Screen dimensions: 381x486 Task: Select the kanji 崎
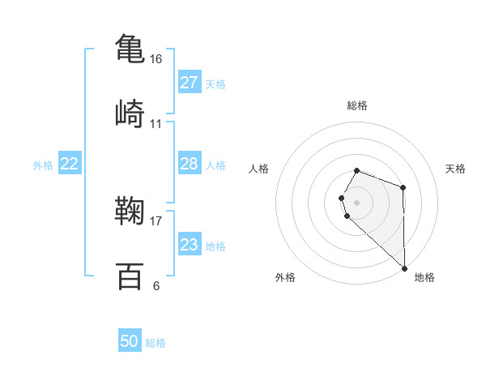point(130,113)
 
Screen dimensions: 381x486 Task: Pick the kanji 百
point(130,276)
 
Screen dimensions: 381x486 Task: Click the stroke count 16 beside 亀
point(156,60)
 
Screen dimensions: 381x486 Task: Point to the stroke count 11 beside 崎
point(156,124)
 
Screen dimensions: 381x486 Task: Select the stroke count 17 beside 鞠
point(156,219)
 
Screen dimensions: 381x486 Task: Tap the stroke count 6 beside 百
point(156,285)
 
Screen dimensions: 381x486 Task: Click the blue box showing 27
point(189,83)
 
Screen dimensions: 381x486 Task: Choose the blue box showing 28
point(189,164)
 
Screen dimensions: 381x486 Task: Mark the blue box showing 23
point(189,245)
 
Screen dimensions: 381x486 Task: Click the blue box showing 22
point(70,164)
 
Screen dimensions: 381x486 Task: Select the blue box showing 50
point(130,341)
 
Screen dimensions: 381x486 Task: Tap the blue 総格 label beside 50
point(156,343)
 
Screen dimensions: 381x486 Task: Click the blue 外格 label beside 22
point(43,165)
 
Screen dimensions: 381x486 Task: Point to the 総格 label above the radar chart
point(357,105)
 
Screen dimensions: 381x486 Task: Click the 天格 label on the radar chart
point(456,169)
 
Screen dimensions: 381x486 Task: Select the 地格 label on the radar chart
point(424,277)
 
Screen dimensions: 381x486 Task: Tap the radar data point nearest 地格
point(403,268)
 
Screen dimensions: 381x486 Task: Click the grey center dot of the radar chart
point(357,202)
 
